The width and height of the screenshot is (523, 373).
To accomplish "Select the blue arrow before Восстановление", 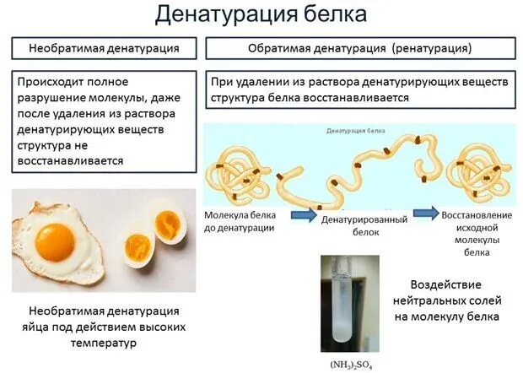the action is tap(425, 213).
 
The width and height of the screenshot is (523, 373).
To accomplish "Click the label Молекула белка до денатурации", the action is tap(241, 221).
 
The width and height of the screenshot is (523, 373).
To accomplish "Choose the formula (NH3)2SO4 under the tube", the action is tap(350, 365).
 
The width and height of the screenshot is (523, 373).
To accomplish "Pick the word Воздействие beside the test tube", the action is tap(451, 284).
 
